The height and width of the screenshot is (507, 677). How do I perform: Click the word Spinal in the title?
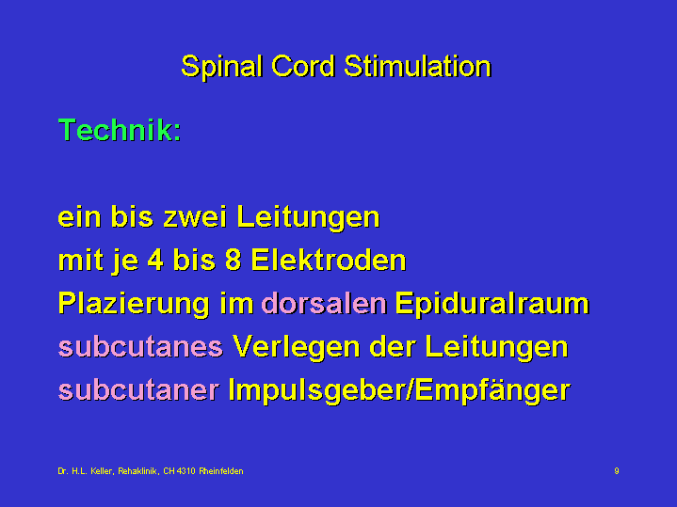click(x=222, y=67)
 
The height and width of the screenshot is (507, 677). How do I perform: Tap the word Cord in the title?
click(x=303, y=66)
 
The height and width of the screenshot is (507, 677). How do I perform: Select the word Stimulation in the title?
click(x=417, y=66)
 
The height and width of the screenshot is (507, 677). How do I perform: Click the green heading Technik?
click(x=120, y=130)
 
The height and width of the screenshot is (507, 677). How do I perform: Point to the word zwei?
click(x=195, y=216)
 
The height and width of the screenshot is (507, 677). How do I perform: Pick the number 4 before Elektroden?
click(x=155, y=261)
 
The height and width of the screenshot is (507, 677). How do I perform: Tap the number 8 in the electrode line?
click(x=233, y=261)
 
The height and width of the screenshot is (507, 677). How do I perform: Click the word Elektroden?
click(x=329, y=261)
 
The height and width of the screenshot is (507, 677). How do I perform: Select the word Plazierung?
click(x=134, y=305)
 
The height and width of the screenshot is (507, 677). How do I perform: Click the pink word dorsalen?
click(x=324, y=303)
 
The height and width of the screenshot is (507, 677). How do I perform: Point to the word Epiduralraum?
click(x=492, y=305)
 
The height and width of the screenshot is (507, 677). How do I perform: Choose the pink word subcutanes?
click(x=140, y=346)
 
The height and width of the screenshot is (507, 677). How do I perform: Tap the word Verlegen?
click(x=297, y=348)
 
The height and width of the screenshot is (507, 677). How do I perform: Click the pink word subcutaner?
click(x=138, y=389)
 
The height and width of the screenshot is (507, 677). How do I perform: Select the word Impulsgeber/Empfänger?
click(x=399, y=391)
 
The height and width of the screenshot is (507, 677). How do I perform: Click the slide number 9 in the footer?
click(x=617, y=470)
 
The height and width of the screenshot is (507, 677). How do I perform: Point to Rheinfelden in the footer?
click(x=221, y=470)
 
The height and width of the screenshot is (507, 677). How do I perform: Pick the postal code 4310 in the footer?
click(x=186, y=470)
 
